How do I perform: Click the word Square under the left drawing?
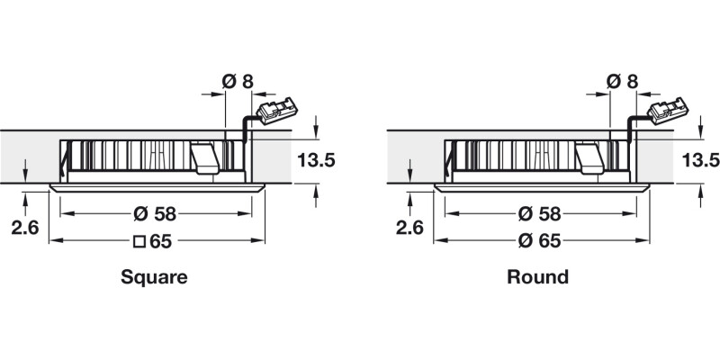click(154, 277)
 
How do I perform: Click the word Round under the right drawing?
click(537, 277)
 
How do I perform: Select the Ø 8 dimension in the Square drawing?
click(237, 82)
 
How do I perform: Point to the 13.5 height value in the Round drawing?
click(700, 161)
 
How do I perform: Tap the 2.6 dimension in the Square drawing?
click(26, 228)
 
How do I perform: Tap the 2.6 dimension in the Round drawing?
click(410, 228)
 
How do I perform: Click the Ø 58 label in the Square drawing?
click(155, 214)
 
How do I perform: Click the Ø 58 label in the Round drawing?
click(540, 214)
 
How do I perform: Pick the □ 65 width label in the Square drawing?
click(155, 241)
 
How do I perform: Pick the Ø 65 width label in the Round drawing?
click(540, 241)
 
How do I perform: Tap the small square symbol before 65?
click(139, 241)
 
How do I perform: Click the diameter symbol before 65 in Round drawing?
click(524, 241)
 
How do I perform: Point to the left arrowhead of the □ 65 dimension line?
click(53, 241)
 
